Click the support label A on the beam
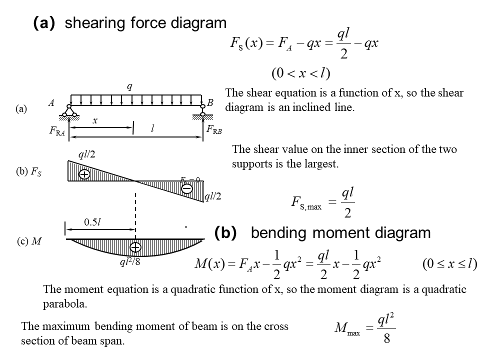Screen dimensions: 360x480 coord(51,103)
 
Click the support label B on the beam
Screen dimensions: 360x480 coord(210,102)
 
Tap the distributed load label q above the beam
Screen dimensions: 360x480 coord(129,86)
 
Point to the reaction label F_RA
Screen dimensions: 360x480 coord(57,131)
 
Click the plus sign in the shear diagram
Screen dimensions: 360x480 coord(84,174)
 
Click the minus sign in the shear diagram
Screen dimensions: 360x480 coord(186,188)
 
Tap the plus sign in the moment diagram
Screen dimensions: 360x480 coord(135,247)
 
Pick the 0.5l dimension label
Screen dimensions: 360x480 coord(93,223)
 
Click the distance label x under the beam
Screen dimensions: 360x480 coord(95,120)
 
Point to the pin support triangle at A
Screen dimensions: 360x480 coord(69,111)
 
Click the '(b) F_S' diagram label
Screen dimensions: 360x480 coord(29,172)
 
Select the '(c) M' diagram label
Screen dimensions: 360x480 coord(28,241)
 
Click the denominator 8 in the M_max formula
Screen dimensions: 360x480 coord(386,338)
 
